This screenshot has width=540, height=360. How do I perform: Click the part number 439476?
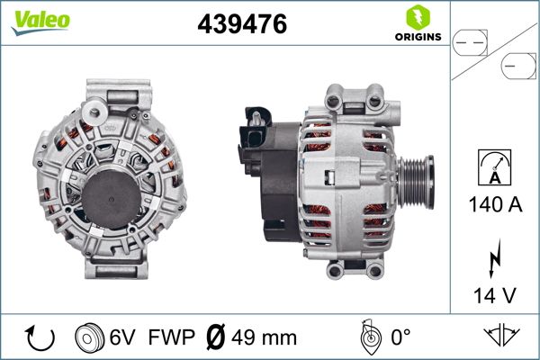pos(242,25)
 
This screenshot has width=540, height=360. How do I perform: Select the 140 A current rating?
pos(495,205)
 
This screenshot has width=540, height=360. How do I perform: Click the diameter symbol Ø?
pos(216,338)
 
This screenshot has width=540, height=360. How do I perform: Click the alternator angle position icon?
pos(366,337)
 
